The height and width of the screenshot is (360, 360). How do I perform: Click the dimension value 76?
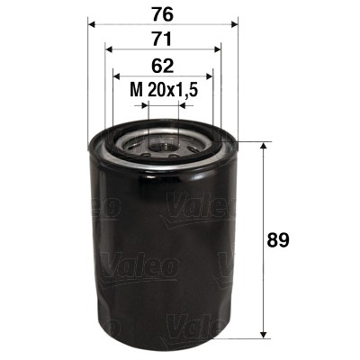(x=163, y=15)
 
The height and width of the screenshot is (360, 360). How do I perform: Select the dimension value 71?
(x=163, y=40)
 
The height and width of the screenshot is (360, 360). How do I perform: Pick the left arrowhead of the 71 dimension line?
(x=108, y=50)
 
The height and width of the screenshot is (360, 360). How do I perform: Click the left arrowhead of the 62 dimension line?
(x=115, y=76)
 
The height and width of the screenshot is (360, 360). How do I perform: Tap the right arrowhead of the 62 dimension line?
(x=211, y=76)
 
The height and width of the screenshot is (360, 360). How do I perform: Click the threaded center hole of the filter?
(x=163, y=142)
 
